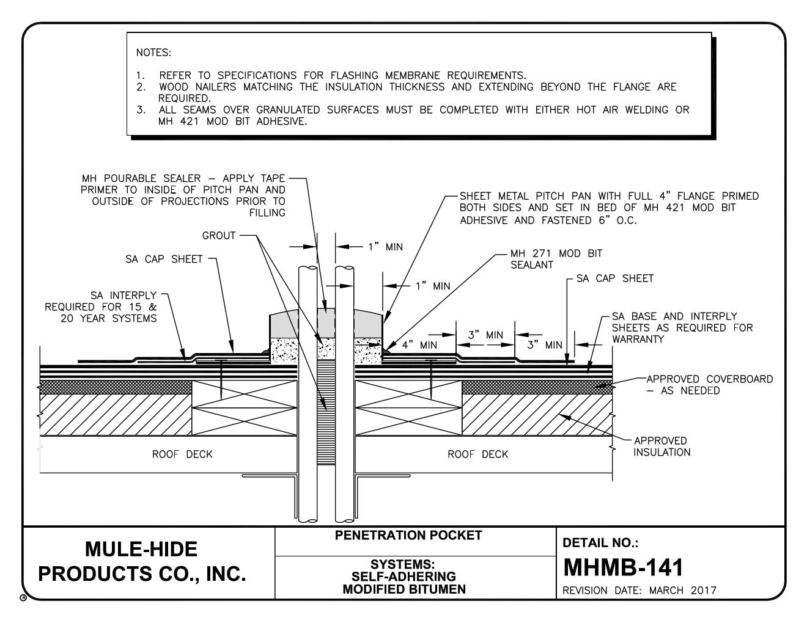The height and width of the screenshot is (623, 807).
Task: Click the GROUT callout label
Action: click(219, 236)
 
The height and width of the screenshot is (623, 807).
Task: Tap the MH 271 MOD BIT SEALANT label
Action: click(556, 259)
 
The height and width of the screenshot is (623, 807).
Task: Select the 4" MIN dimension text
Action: click(419, 345)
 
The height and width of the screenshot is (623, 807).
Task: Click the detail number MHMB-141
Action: click(623, 567)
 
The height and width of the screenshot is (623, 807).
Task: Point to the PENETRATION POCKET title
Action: click(408, 536)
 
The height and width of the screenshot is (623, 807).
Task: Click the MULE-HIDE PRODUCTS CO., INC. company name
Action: click(142, 561)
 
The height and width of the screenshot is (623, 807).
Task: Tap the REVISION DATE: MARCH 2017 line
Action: click(639, 591)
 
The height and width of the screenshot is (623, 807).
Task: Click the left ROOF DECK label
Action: click(182, 454)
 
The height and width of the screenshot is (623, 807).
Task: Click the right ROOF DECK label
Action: click(477, 454)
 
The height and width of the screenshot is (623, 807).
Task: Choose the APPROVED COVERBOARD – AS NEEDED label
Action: click(709, 385)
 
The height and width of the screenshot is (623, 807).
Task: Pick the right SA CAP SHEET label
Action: click(615, 279)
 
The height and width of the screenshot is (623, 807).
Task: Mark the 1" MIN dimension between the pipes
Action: click(385, 247)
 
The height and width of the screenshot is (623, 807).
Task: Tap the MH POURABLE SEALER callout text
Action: click(183, 195)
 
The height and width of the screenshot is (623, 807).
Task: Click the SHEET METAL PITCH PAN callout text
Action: click(609, 208)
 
